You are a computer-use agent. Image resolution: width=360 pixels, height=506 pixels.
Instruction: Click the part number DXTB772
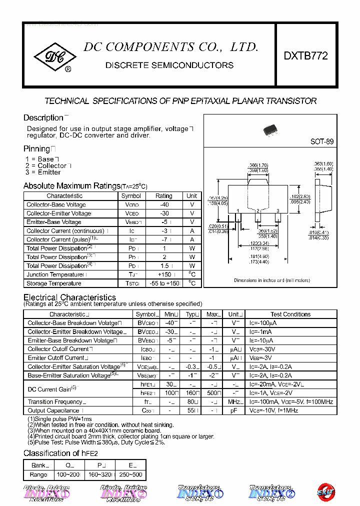(x=305, y=56)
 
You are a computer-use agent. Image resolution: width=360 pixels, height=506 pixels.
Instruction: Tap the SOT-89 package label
(x=321, y=141)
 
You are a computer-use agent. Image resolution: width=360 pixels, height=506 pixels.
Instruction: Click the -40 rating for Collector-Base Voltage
(x=164, y=204)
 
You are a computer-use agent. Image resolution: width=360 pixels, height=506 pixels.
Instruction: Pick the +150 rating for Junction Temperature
(x=164, y=274)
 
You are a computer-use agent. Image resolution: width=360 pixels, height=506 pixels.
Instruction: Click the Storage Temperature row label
(x=54, y=283)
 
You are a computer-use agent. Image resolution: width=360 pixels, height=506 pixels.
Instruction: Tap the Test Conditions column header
(x=290, y=314)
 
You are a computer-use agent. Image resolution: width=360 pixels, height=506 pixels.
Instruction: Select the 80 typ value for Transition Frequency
(x=190, y=401)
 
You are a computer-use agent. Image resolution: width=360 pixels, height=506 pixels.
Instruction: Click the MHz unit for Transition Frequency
(x=234, y=401)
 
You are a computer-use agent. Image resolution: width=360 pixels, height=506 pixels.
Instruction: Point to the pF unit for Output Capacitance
(x=233, y=410)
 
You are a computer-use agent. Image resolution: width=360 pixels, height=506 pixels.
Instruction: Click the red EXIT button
(x=325, y=492)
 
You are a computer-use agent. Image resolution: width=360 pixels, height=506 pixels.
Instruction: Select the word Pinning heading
(x=37, y=149)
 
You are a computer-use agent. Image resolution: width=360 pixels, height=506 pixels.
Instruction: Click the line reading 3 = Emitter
(x=43, y=172)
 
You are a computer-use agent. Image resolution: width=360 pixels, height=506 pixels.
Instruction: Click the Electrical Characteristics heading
(x=69, y=297)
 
